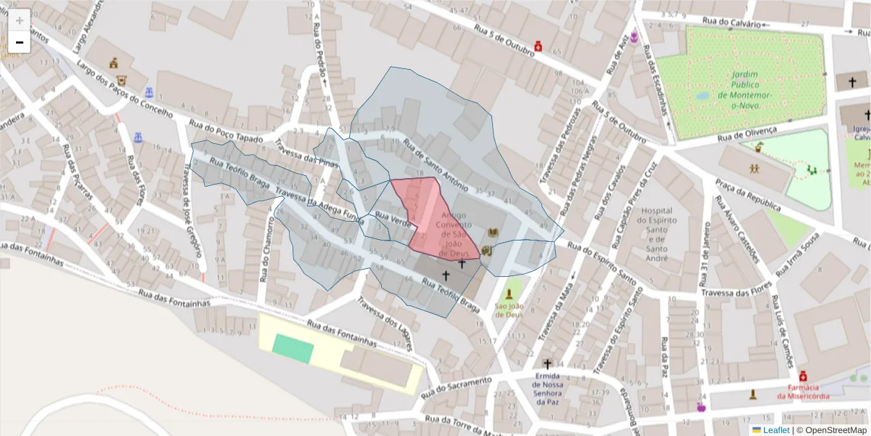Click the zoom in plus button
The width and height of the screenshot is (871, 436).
(20, 20)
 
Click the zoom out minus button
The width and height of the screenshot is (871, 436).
(20, 42)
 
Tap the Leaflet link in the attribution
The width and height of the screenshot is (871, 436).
(770, 430)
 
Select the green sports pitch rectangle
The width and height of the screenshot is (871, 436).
(293, 349)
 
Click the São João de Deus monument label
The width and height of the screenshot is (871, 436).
(509, 310)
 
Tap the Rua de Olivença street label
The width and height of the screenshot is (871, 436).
(746, 134)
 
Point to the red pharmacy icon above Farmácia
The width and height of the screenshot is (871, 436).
(803, 376)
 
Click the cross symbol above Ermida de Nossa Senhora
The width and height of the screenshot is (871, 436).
(547, 363)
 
